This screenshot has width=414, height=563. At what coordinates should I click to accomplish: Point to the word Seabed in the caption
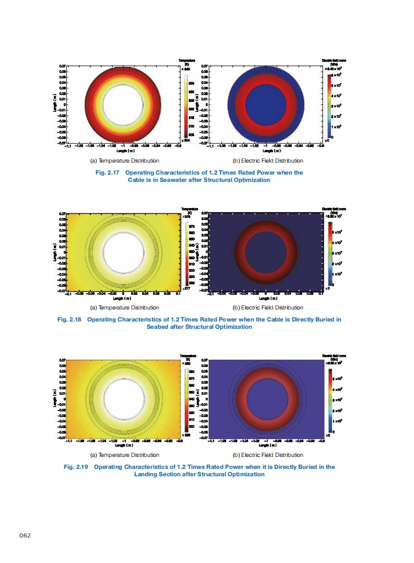coord(158,327)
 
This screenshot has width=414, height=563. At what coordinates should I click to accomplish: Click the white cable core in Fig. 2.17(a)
coord(123,105)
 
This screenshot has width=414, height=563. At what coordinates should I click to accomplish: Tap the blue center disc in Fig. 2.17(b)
coord(266,105)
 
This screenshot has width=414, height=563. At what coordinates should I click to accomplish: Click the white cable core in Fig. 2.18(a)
coord(123,251)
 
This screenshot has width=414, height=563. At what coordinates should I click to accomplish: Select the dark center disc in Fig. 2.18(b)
coord(266,251)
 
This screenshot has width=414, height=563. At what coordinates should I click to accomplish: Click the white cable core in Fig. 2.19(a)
coord(123,398)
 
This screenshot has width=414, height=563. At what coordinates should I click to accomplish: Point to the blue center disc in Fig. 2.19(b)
coord(266,398)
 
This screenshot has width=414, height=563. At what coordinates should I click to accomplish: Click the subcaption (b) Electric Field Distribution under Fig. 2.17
coord(268,160)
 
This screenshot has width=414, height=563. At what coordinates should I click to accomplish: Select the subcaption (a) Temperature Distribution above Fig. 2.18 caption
coord(125,307)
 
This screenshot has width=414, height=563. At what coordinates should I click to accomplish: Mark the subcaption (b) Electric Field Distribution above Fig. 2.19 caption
coord(268,455)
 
